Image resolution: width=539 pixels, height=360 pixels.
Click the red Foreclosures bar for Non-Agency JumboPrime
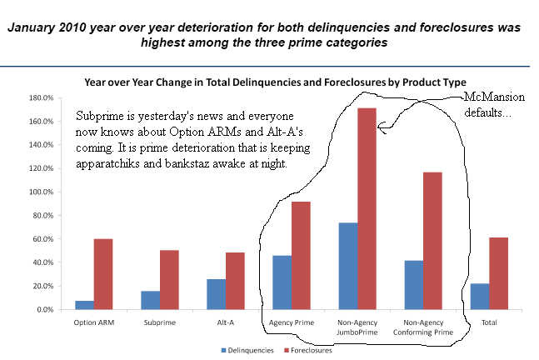(367, 208)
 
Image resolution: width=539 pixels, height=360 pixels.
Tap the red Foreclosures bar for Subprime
(170, 280)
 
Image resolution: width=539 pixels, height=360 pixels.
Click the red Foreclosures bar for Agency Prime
(301, 255)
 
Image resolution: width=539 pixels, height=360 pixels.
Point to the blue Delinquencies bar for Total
(479, 297)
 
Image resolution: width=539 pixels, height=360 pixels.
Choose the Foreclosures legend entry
(308, 351)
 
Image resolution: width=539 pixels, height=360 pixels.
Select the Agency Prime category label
(291, 322)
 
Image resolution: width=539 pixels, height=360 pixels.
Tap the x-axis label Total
(489, 322)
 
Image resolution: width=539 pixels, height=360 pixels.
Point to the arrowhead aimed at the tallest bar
(381, 128)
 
